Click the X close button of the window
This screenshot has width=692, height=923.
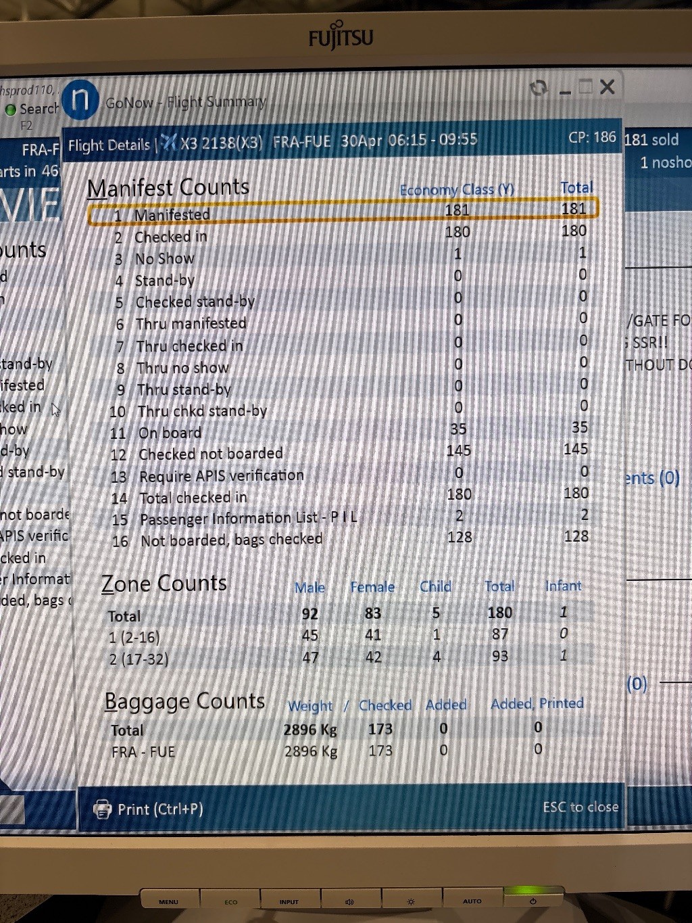click(607, 87)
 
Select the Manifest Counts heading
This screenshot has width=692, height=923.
click(168, 187)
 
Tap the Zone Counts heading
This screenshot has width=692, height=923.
click(164, 583)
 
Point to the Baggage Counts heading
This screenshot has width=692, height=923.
click(184, 701)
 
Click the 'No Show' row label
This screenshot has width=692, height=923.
click(164, 259)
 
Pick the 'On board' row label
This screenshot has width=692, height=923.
click(170, 433)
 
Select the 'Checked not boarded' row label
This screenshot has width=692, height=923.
click(210, 454)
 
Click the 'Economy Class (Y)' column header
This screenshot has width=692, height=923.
click(457, 190)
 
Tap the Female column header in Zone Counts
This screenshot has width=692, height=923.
click(372, 587)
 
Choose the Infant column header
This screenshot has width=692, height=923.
click(563, 586)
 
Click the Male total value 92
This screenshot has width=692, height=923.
click(310, 614)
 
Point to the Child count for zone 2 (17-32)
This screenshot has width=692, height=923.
click(437, 657)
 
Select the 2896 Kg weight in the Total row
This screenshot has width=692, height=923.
click(310, 730)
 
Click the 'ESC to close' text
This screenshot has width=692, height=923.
click(580, 807)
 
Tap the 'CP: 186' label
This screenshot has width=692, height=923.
click(592, 137)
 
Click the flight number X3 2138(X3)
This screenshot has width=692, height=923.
click(220, 143)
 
